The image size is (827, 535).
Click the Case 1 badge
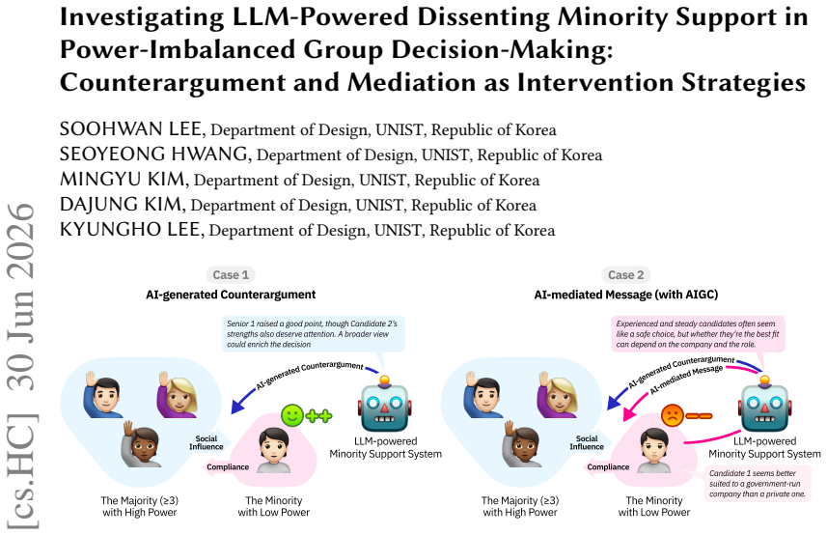click(x=231, y=275)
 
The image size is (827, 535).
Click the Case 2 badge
click(x=625, y=275)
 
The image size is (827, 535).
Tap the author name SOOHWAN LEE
click(x=130, y=129)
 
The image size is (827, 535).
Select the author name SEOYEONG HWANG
click(x=153, y=155)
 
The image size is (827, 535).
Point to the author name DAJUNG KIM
click(x=121, y=204)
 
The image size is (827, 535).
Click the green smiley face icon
click(x=292, y=415)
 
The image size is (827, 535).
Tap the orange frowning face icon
click(x=673, y=415)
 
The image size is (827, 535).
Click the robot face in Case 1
click(x=385, y=405)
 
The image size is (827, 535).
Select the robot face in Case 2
click(x=765, y=405)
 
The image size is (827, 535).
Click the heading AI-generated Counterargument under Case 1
click(x=231, y=295)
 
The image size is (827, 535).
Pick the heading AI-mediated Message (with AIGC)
click(x=626, y=295)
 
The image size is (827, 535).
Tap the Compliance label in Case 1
click(x=228, y=467)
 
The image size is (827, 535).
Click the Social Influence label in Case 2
click(x=587, y=442)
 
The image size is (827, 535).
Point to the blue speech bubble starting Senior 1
click(x=314, y=334)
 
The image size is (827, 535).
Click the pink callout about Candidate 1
click(x=758, y=483)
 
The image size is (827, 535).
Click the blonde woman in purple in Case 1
click(x=178, y=394)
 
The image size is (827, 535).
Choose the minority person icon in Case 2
click(x=654, y=451)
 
